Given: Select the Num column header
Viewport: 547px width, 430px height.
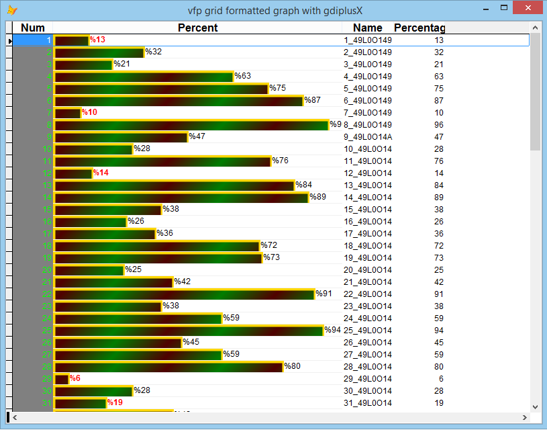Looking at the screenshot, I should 33,28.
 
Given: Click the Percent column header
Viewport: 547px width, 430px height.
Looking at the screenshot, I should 197,28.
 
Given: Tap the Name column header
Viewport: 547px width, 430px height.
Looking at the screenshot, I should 367,28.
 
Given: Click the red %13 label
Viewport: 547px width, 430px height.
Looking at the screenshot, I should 98,40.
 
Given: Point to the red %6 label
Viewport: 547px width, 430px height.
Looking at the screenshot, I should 75,379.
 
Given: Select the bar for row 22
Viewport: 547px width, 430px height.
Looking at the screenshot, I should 184,294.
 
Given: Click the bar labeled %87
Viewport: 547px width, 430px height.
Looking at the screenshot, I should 179,101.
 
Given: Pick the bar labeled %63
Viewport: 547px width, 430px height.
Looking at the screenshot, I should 144,77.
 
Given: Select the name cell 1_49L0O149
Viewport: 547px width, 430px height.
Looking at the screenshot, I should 368,40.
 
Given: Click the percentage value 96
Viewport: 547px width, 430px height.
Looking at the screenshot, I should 438,125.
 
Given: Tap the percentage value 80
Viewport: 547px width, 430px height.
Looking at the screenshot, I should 438,367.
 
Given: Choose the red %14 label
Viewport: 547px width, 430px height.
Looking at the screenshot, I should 101,173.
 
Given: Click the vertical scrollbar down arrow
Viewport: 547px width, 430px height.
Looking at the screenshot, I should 535,406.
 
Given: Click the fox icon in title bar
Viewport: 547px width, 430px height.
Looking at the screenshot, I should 12,9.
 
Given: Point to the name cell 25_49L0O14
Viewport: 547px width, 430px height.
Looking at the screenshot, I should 368,331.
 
